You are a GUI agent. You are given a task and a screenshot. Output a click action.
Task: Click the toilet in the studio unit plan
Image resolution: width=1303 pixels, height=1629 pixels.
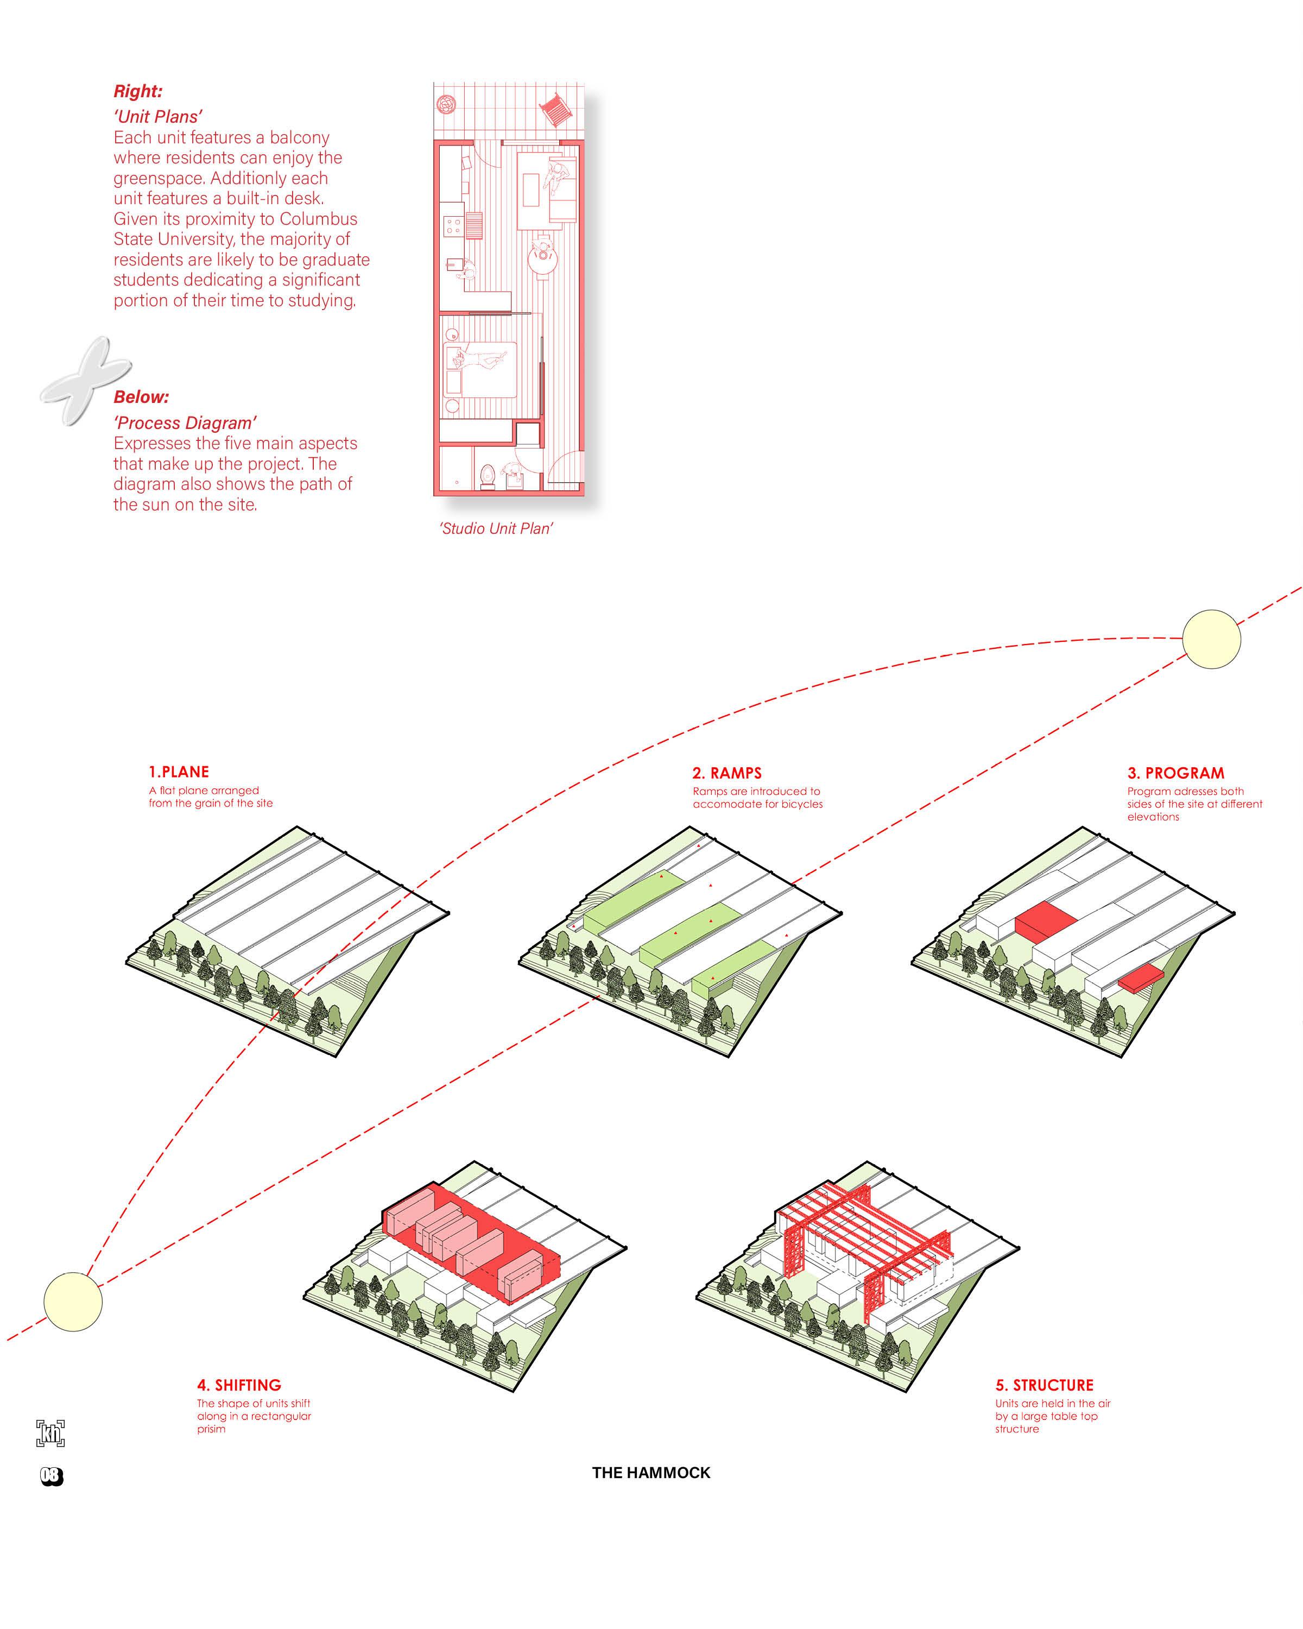click(488, 475)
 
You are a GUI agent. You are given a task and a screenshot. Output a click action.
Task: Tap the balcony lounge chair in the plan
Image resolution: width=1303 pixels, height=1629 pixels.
click(556, 110)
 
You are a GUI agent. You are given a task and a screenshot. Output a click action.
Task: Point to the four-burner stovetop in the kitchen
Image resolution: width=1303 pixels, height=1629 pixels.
click(453, 225)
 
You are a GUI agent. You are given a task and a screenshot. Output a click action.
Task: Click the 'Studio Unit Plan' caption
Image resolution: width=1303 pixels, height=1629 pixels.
click(496, 529)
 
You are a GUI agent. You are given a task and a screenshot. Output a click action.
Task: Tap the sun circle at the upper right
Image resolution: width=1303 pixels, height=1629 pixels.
click(1211, 639)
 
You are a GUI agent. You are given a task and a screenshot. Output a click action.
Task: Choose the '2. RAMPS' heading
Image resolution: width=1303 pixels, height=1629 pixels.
click(726, 773)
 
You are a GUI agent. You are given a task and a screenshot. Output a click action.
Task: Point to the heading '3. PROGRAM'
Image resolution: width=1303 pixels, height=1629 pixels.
click(1175, 773)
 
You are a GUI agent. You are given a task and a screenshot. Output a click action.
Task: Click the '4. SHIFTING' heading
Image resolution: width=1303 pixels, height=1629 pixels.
click(239, 1385)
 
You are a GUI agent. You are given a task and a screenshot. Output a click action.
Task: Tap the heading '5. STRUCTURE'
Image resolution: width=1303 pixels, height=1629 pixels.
click(1044, 1385)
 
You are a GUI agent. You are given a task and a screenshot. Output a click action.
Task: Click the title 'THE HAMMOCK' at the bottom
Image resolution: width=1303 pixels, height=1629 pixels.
click(651, 1473)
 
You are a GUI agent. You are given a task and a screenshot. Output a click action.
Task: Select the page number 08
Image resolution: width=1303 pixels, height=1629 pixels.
click(52, 1476)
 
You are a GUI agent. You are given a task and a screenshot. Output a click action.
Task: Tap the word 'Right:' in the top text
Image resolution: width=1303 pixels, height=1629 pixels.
click(137, 91)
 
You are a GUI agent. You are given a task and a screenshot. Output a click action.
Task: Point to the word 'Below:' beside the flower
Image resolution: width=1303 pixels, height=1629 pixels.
click(141, 397)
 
